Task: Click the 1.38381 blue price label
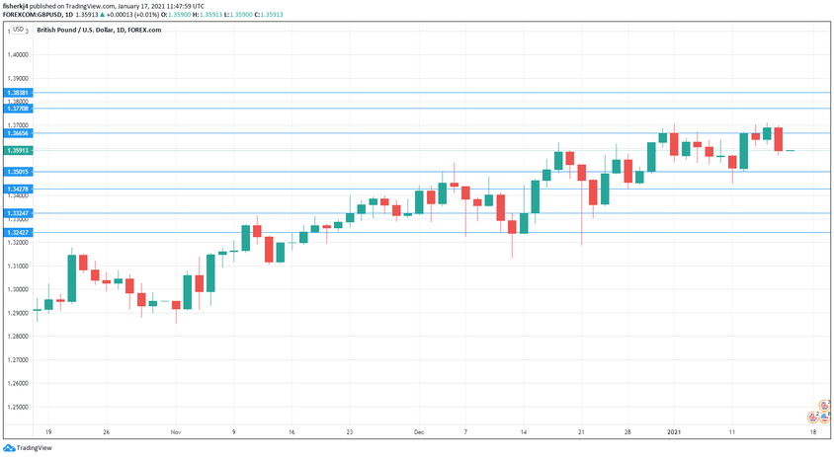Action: pyautogui.click(x=20, y=92)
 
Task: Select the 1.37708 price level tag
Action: pyautogui.click(x=20, y=108)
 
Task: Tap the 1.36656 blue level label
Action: pyautogui.click(x=20, y=132)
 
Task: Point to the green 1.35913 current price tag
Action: pyautogui.click(x=20, y=150)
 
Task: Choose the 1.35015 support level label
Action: pyautogui.click(x=20, y=172)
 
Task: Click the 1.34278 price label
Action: pyautogui.click(x=20, y=189)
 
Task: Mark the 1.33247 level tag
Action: pyautogui.click(x=20, y=213)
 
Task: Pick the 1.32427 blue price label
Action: pyautogui.click(x=20, y=232)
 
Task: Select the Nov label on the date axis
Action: pyautogui.click(x=176, y=432)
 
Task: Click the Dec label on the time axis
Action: pyautogui.click(x=419, y=432)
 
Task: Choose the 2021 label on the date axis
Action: pyautogui.click(x=674, y=432)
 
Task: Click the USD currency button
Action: pyautogui.click(x=16, y=30)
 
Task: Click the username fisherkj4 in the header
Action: pyautogui.click(x=20, y=6)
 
